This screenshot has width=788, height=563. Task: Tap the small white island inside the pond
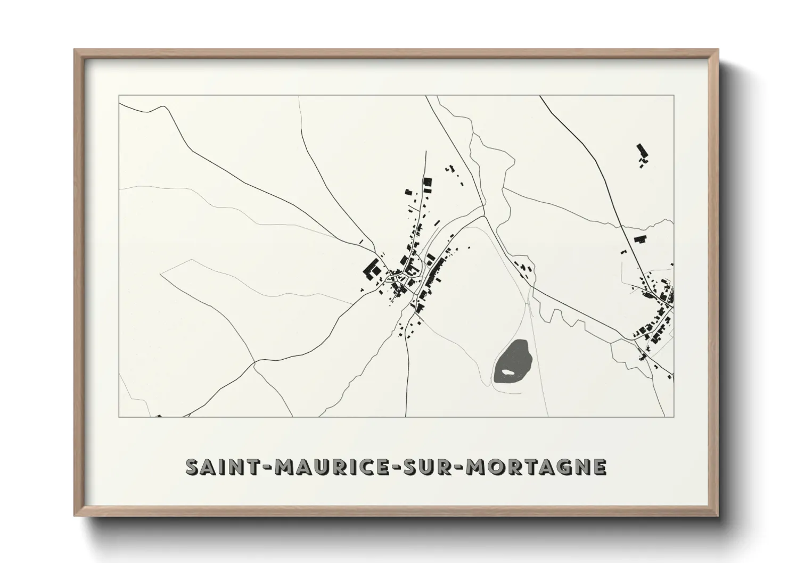(x=510, y=372)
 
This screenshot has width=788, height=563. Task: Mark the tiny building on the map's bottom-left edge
(x=158, y=416)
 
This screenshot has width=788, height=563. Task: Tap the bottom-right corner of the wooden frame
(x=717, y=515)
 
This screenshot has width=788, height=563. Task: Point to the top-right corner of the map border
(x=674, y=96)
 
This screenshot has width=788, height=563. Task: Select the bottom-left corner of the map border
(x=119, y=417)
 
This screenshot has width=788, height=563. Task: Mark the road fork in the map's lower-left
(x=255, y=365)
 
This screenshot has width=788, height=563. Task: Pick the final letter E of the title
(x=600, y=467)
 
